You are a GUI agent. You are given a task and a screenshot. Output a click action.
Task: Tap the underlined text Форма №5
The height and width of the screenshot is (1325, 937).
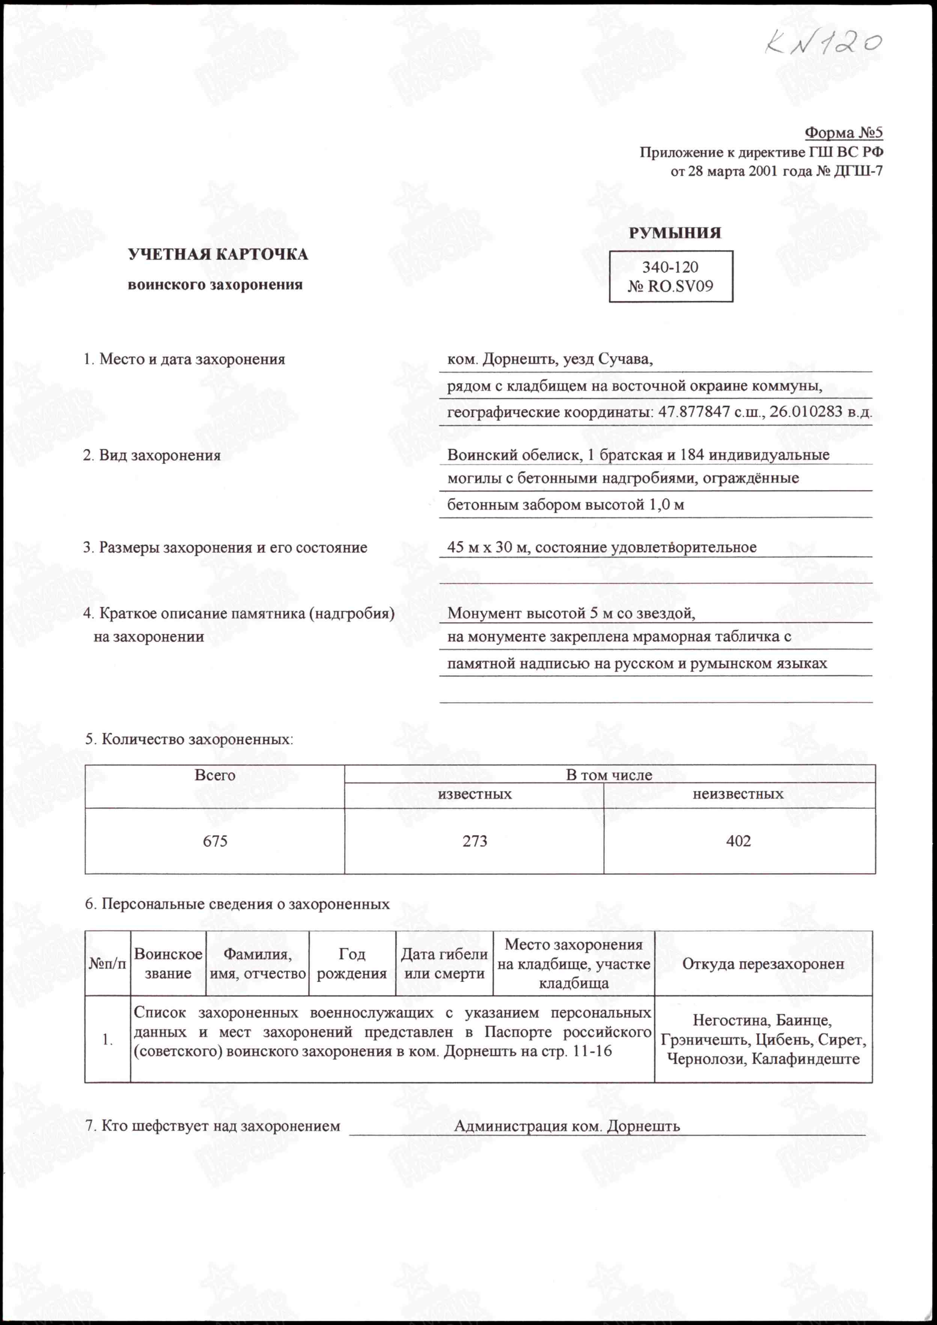(844, 133)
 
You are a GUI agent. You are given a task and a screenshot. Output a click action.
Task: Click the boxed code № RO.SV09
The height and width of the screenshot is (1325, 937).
(670, 286)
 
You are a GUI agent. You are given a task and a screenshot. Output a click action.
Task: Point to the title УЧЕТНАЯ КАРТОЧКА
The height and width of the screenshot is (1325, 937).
(217, 255)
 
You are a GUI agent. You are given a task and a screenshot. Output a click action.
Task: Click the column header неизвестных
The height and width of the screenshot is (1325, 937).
(738, 794)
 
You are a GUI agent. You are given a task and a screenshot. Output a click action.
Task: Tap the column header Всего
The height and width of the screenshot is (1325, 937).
(215, 775)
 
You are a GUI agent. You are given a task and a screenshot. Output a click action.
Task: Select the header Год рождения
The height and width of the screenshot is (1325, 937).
(352, 963)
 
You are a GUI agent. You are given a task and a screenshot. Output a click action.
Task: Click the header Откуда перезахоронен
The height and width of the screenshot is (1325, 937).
(763, 963)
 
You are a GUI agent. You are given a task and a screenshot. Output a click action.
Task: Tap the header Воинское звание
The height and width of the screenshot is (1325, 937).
(168, 963)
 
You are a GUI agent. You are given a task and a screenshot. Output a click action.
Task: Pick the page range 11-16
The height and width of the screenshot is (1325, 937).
(592, 1051)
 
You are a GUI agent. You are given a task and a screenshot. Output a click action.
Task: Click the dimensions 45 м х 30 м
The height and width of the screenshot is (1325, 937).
(488, 547)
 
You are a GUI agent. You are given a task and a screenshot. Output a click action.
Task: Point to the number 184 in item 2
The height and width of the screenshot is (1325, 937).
(692, 455)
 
